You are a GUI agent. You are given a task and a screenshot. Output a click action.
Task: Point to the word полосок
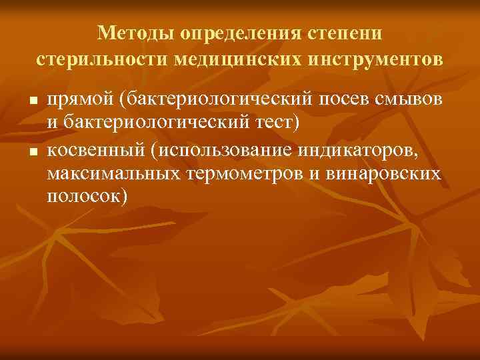point(83,196)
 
